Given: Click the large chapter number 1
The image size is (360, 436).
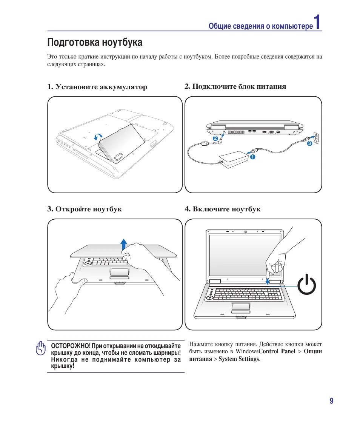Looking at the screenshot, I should [x=318, y=22].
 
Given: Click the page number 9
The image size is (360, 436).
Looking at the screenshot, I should [x=331, y=401].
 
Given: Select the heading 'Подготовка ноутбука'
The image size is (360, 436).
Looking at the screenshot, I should [x=95, y=42].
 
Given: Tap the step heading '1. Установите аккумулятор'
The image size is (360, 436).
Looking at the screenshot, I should [x=97, y=87].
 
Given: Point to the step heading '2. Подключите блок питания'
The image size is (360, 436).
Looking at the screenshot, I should [x=235, y=86].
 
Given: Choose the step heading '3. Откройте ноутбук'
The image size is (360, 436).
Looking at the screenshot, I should [x=85, y=209].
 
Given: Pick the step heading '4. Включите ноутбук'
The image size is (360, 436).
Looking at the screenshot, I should [x=223, y=209].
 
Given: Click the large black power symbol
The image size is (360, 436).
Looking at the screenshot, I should [x=306, y=285].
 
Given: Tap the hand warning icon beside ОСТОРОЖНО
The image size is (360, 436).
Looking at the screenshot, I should [x=40, y=349].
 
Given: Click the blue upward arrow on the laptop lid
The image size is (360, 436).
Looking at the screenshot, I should [x=123, y=246].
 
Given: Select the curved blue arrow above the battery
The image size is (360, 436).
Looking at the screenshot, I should [x=98, y=137].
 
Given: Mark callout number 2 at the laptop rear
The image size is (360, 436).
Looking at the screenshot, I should [x=215, y=139].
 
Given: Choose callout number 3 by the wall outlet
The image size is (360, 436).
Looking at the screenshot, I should [x=309, y=143].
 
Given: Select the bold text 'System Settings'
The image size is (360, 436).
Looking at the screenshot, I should [x=239, y=359].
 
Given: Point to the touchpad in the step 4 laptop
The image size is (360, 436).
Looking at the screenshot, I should [x=240, y=305].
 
